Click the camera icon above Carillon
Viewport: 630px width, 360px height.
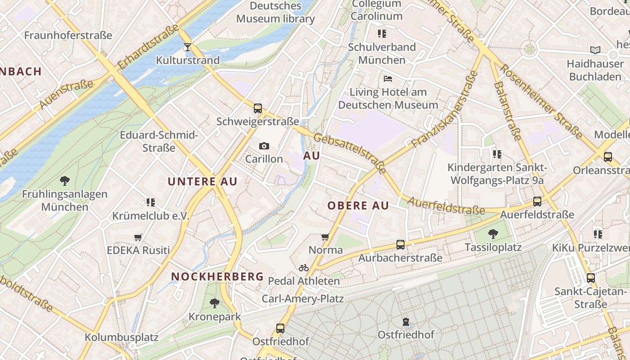pyautogui.click(x=264, y=146)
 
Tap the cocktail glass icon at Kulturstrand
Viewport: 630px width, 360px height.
pyautogui.click(x=188, y=47)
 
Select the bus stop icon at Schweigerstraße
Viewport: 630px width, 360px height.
pyautogui.click(x=258, y=108)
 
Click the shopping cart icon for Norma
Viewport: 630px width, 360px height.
pyautogui.click(x=325, y=237)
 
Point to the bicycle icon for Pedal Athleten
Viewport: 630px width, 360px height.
pyautogui.click(x=304, y=268)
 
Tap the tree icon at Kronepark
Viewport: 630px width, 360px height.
pyautogui.click(x=215, y=303)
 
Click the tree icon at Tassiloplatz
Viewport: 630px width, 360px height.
pyautogui.click(x=493, y=234)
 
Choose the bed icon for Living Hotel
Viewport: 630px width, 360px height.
pyautogui.click(x=388, y=79)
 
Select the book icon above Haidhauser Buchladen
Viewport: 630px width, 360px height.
pyautogui.click(x=595, y=50)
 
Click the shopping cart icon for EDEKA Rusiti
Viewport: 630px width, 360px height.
pyautogui.click(x=138, y=237)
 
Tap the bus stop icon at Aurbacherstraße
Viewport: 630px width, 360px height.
pyautogui.click(x=400, y=245)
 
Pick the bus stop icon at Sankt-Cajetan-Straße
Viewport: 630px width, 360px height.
pyautogui.click(x=591, y=278)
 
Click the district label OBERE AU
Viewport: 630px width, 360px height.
pyautogui.click(x=358, y=206)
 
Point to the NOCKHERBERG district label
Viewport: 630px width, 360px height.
pyautogui.click(x=217, y=276)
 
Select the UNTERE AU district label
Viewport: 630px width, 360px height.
pyautogui.click(x=202, y=181)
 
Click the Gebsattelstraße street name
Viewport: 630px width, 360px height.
pyautogui.click(x=350, y=153)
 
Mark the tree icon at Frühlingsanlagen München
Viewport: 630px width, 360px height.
pyautogui.click(x=65, y=181)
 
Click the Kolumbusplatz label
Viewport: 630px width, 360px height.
pyautogui.click(x=121, y=337)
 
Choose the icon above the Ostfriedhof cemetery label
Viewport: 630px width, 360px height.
pyautogui.click(x=406, y=322)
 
